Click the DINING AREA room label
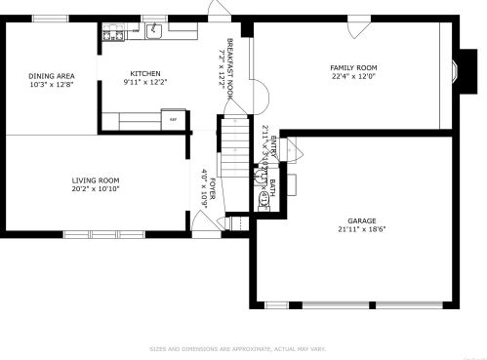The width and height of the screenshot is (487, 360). [x=52, y=76]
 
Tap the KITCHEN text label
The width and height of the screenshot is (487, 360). [x=145, y=73]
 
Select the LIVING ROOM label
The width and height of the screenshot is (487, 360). [x=95, y=180]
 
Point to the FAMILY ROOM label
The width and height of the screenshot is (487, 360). [x=353, y=67]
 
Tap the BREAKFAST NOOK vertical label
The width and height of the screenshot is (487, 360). [x=230, y=62]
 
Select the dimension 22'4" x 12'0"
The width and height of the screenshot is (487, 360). [x=353, y=76]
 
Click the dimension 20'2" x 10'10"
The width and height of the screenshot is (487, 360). [x=95, y=188]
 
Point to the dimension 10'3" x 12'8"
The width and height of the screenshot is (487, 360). [x=52, y=85]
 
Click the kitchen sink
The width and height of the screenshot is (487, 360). [x=154, y=32]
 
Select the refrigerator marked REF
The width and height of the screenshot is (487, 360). [x=174, y=120]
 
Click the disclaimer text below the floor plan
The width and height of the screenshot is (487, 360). [x=237, y=348]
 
